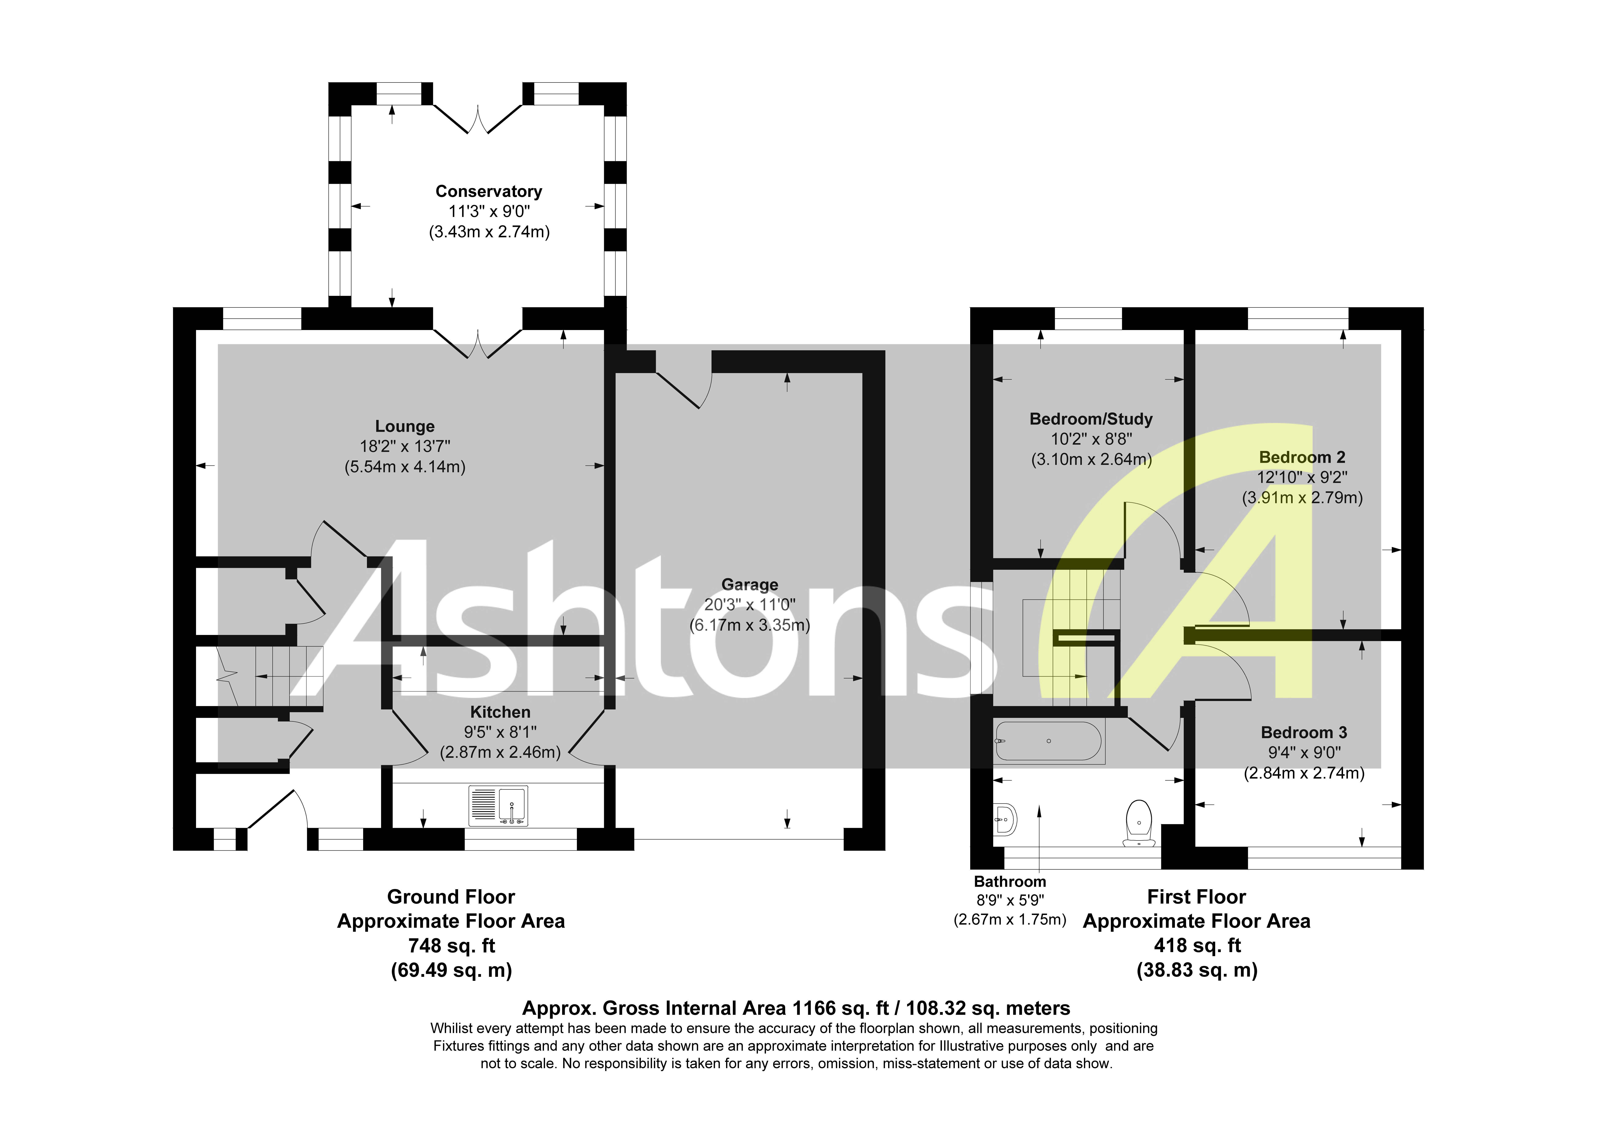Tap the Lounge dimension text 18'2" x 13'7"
coord(405,447)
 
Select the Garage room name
coord(749,585)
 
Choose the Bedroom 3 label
coord(1304,732)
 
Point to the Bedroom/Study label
coord(1091,419)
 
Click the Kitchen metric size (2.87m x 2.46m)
coord(500,752)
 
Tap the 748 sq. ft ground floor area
coord(451,945)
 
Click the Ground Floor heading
coord(451,897)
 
